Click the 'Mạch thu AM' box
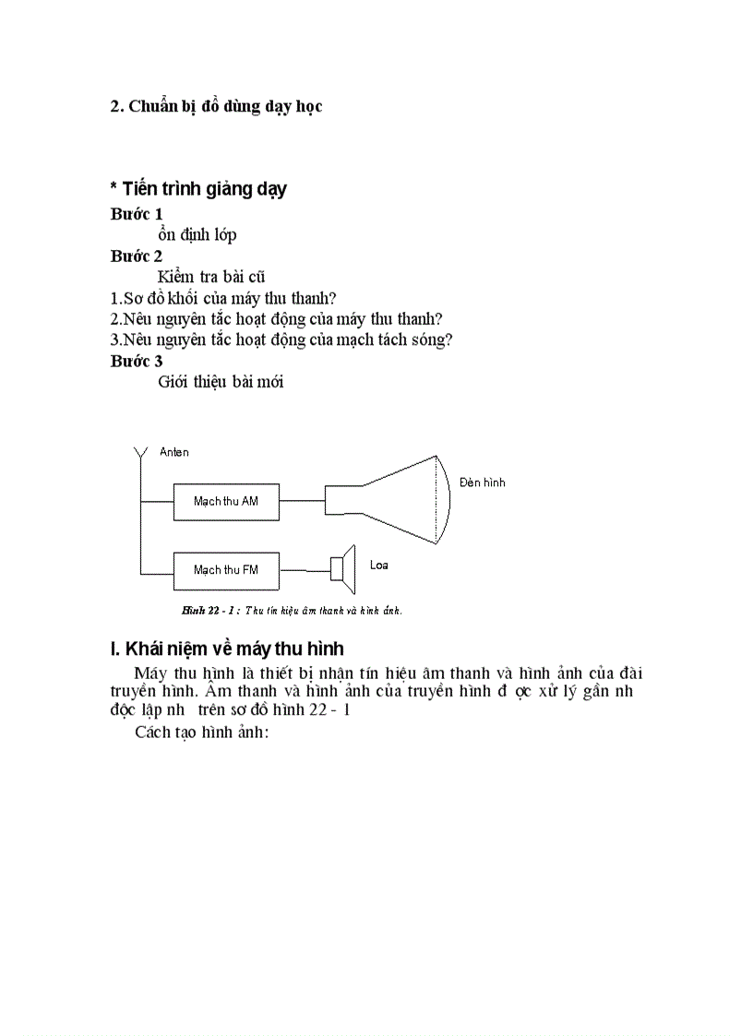tap(225, 501)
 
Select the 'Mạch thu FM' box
tap(225, 569)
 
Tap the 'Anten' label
tap(173, 452)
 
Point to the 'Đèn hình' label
tap(482, 482)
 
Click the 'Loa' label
tap(378, 565)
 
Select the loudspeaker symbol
tap(343, 568)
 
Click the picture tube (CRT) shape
tap(397, 499)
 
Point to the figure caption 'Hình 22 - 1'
tap(292, 610)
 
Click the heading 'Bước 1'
tap(137, 214)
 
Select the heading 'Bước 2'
tap(137, 256)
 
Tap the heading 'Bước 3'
tap(137, 361)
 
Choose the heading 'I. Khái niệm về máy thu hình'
tap(227, 649)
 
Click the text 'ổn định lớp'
tap(197, 234)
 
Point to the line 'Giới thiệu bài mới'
tap(221, 382)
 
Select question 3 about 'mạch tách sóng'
tap(281, 339)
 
